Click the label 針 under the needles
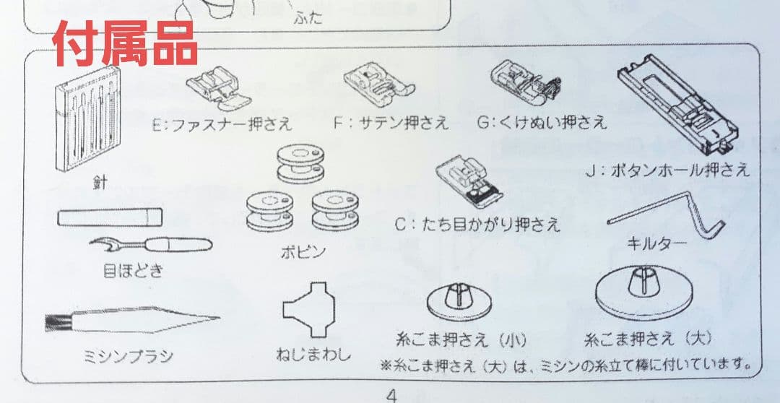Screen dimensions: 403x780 [x=100, y=183]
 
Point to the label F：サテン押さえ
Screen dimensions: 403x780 [x=391, y=123]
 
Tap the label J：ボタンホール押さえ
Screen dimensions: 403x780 [x=668, y=170]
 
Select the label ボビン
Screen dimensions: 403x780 [x=303, y=252]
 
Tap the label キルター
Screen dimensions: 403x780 [x=656, y=243]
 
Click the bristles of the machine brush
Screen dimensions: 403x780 [x=58, y=322]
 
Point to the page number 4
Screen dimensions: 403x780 [x=391, y=394]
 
